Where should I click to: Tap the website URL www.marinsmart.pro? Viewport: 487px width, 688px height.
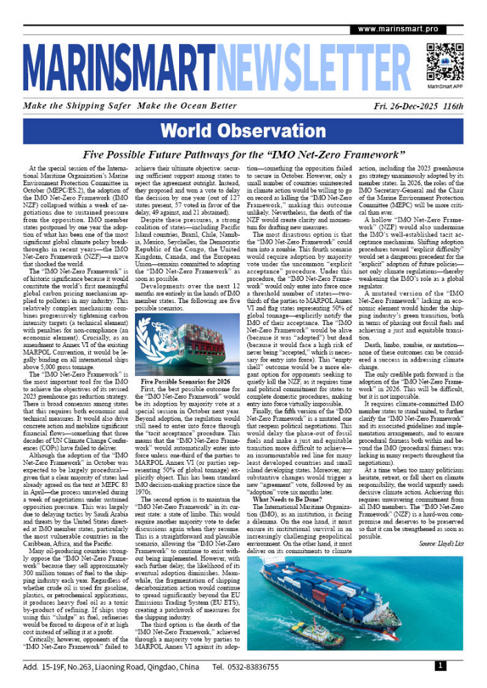[x=397, y=29]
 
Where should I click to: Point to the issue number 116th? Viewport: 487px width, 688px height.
[x=454, y=107]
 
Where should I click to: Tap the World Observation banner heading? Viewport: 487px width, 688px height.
[x=243, y=131]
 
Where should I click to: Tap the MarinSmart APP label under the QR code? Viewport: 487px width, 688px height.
[x=444, y=88]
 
